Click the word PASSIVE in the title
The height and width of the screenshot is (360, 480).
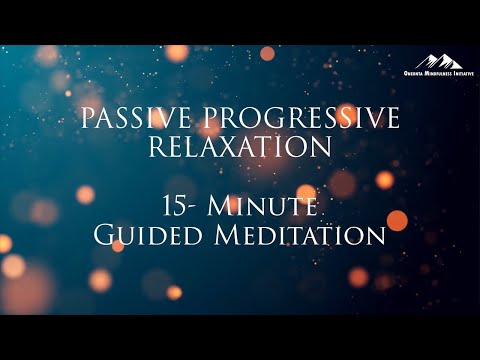tap(136, 119)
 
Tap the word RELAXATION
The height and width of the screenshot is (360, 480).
tap(240, 147)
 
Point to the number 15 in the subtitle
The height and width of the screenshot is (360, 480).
tap(176, 207)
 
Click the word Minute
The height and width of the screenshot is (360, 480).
tap(269, 207)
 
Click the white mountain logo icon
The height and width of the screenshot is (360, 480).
tap(439, 62)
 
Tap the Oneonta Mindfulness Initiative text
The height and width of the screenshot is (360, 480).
tap(439, 74)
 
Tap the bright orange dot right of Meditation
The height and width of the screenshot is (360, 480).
tap(397, 220)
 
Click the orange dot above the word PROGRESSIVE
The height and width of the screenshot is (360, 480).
tap(267, 53)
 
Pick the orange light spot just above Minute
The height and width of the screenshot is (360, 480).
tap(306, 191)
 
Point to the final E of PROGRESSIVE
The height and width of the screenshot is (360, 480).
tap(393, 119)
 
